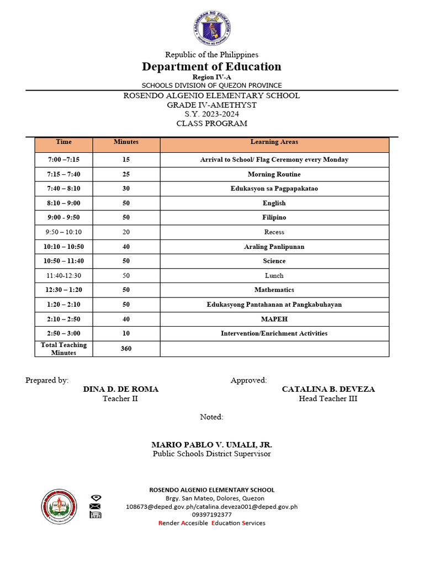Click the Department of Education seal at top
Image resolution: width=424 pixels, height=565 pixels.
tap(212, 29)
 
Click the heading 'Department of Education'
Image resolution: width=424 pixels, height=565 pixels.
tap(211, 67)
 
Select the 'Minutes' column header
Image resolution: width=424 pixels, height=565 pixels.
tap(126, 142)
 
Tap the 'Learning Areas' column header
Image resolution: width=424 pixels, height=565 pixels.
tap(274, 142)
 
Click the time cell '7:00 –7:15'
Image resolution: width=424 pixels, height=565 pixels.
tap(63, 160)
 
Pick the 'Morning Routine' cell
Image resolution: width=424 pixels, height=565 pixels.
tap(274, 174)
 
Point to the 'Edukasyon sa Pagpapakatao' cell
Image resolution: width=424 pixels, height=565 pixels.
tap(274, 189)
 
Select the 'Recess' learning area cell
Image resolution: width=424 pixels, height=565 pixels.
tap(274, 232)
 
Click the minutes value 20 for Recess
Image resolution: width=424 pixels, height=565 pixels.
tap(126, 232)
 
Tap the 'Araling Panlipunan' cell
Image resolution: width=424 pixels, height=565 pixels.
tap(274, 247)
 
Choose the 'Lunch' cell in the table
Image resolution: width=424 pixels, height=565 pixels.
tap(274, 275)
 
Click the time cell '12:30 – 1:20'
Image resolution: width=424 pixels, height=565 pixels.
tap(63, 290)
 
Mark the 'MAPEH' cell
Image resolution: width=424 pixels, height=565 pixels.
tap(274, 319)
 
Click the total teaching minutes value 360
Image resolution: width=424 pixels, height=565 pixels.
tap(126, 349)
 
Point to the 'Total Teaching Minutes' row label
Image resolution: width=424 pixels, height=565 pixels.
tap(63, 349)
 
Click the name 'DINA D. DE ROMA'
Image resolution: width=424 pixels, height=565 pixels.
tap(120, 389)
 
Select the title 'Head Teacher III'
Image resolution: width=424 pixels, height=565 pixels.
tap(328, 398)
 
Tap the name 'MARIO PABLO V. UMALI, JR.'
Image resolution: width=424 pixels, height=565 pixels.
tap(211, 445)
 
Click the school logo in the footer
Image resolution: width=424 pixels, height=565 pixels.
tap(59, 507)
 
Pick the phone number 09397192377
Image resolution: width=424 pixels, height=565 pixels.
tap(211, 515)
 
